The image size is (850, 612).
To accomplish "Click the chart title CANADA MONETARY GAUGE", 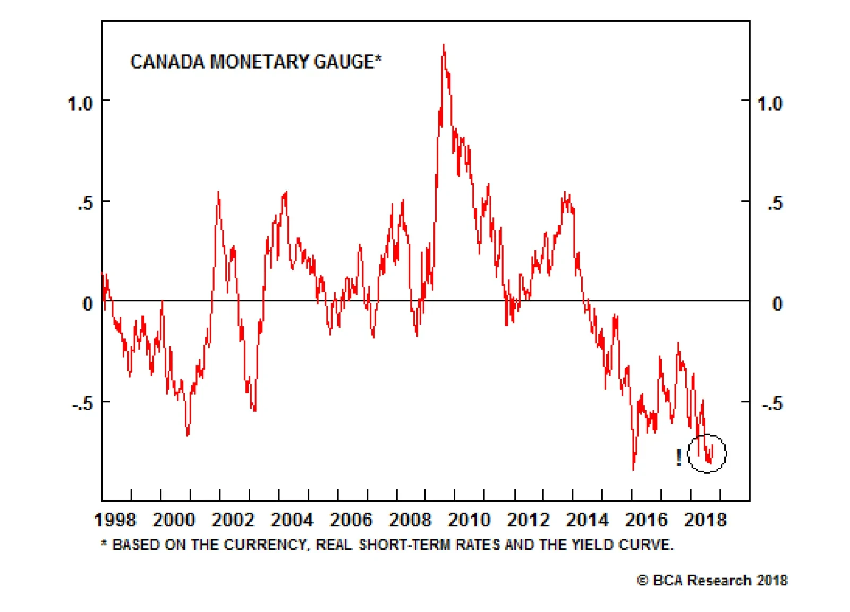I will click(256, 62).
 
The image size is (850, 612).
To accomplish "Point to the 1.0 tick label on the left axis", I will click(80, 103).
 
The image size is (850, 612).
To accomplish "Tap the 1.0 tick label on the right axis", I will click(769, 103).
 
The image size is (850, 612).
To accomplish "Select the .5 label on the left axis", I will click(85, 203).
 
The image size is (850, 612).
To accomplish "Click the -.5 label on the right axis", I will click(772, 404).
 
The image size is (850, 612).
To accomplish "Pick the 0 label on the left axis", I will click(88, 304).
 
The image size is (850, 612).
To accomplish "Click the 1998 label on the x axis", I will click(115, 520).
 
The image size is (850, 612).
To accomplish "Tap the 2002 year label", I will click(233, 520).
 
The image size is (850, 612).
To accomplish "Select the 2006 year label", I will click(351, 520).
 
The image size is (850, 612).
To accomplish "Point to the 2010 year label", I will click(469, 520).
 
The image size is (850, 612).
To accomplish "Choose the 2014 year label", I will click(586, 520).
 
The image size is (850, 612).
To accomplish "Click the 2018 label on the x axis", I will click(705, 520).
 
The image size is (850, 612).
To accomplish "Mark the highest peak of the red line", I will click(444, 46).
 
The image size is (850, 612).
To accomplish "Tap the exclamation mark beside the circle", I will click(678, 457).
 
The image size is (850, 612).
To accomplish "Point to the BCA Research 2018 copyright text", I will click(712, 580).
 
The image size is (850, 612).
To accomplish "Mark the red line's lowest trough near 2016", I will click(633, 469).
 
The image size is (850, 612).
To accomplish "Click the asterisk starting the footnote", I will click(104, 543).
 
